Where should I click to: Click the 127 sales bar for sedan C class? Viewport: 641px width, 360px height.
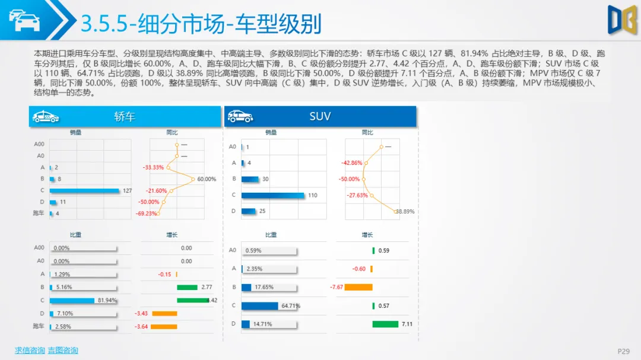84,190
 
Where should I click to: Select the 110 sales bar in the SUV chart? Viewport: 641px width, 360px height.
273,195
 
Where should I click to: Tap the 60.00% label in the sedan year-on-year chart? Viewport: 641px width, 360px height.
207,179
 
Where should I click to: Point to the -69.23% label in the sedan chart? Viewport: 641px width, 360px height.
146,214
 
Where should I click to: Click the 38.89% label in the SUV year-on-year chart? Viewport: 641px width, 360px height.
405,212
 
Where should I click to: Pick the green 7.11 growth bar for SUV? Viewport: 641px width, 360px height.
385,324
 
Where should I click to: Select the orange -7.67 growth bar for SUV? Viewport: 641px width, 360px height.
358,287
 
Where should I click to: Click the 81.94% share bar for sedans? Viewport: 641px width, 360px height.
72,300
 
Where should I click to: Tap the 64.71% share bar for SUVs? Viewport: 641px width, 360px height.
260,306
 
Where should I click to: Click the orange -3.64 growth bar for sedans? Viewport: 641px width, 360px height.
164,326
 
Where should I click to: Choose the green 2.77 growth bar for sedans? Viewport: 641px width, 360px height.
186,287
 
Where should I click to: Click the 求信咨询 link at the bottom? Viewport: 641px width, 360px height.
30,351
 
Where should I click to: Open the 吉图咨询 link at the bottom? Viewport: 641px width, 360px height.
63,351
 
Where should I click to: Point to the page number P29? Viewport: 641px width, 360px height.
623,352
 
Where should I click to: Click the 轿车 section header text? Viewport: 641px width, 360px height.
125,117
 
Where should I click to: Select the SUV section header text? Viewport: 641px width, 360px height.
320,117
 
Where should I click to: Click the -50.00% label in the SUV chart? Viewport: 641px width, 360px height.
349,179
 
